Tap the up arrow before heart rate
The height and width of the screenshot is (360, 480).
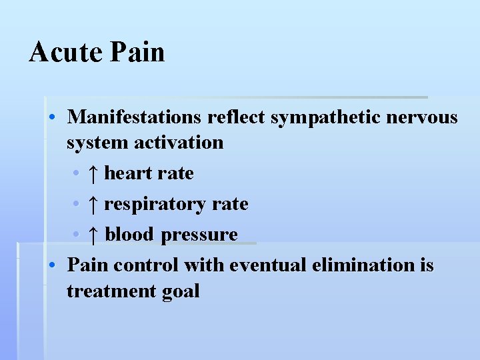(x=93, y=174)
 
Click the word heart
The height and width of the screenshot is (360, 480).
(x=129, y=173)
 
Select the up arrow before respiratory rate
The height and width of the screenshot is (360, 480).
(x=93, y=204)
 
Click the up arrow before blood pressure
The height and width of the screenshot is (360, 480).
(x=93, y=235)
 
